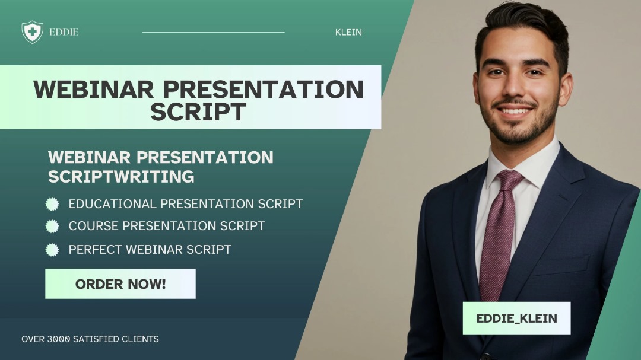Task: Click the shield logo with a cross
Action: (x=32, y=32)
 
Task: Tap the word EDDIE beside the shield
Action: (x=64, y=32)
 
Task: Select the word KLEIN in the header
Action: (x=348, y=32)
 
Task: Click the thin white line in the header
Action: (x=214, y=32)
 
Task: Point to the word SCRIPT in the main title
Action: (x=198, y=111)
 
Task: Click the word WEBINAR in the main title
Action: (x=94, y=89)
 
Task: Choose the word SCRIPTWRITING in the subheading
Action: (x=121, y=177)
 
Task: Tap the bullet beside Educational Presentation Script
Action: (x=52, y=204)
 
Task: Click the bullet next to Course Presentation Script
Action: (x=52, y=227)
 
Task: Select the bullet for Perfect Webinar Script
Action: (x=52, y=250)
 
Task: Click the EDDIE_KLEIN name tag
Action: (x=517, y=318)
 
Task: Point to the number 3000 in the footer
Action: (x=58, y=339)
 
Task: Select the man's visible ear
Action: (x=566, y=89)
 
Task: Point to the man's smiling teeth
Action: (x=515, y=111)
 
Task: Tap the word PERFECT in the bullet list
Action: (x=96, y=250)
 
